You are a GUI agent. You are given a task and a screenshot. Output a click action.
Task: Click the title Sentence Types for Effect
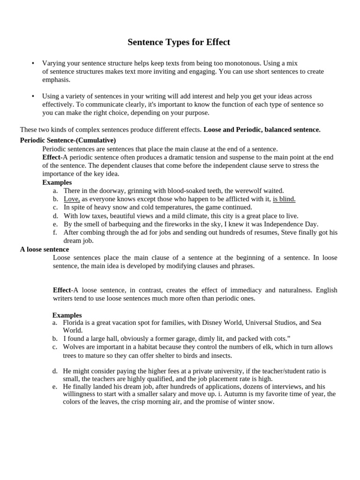[179, 43]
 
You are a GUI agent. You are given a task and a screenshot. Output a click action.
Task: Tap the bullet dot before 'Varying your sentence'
[33, 63]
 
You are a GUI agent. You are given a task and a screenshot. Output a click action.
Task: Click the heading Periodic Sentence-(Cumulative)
[68, 140]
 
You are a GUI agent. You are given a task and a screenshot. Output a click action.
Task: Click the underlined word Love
[72, 199]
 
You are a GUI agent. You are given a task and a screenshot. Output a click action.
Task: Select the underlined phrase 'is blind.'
[284, 199]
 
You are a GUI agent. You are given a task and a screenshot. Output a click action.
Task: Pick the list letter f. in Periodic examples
[55, 232]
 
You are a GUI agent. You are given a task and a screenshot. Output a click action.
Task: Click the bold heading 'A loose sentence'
[45, 249]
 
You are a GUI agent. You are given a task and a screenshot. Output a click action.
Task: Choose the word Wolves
[74, 347]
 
